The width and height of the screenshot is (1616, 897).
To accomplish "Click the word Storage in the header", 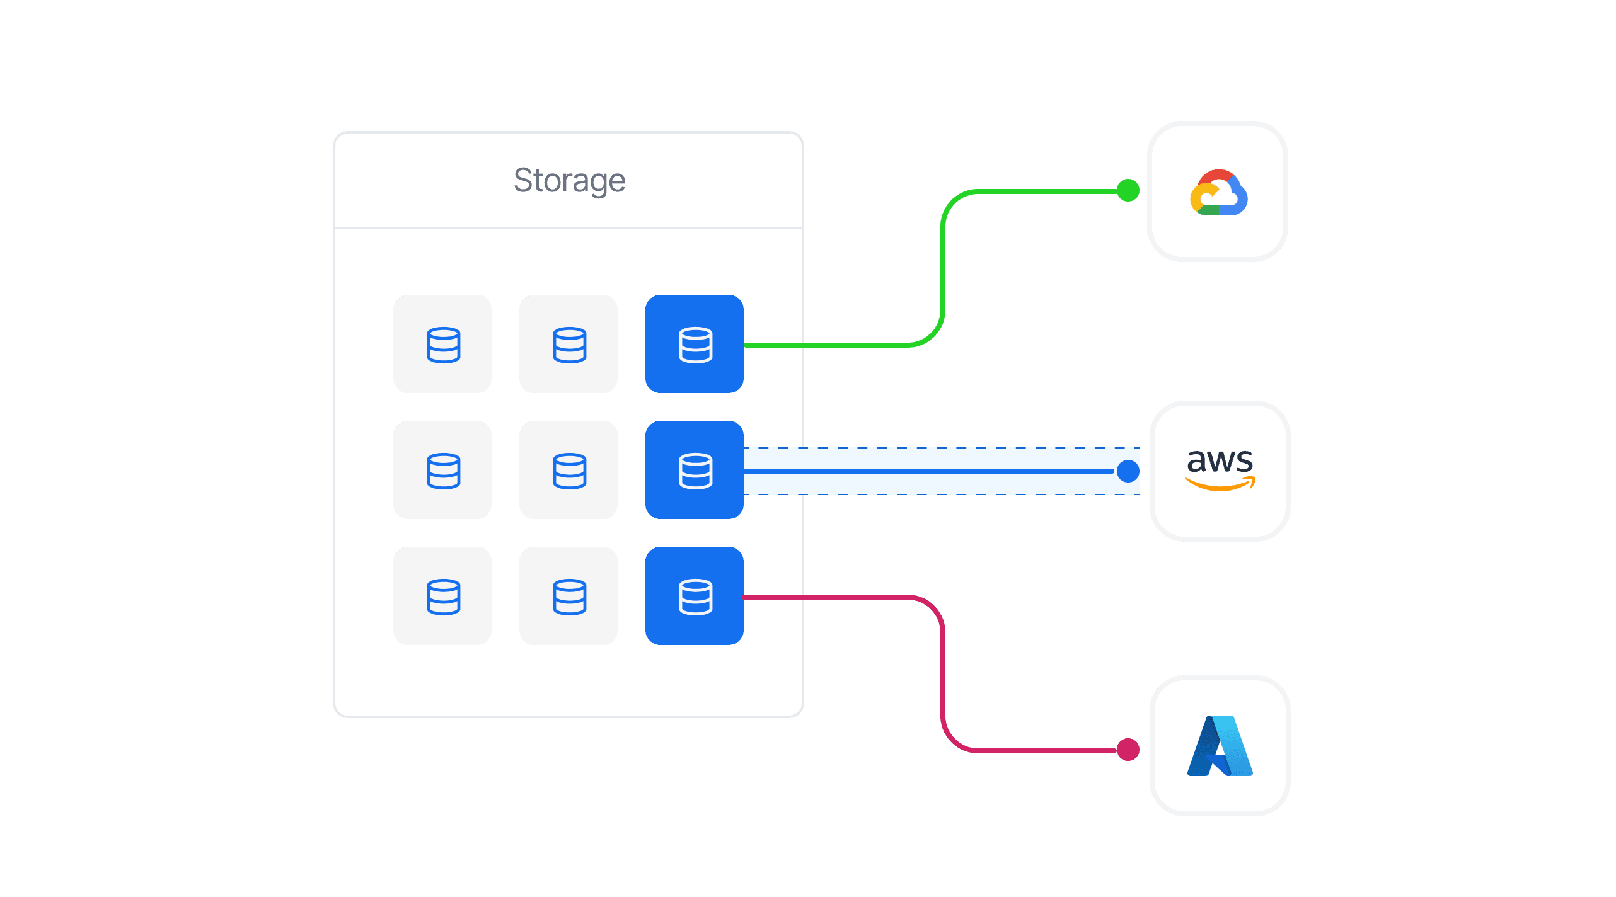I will tap(569, 181).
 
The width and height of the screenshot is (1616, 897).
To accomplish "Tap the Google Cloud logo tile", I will tap(1217, 191).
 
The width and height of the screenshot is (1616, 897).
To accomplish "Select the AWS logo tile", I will tap(1220, 471).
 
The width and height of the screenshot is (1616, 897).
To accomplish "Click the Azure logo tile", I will tap(1220, 745).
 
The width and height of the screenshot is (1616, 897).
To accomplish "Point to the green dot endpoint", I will tap(1128, 190).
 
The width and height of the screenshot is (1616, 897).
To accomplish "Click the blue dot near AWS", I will tap(1128, 471).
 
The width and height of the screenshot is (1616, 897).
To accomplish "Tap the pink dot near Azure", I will tap(1128, 750).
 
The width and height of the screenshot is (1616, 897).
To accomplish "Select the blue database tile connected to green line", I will tap(695, 344).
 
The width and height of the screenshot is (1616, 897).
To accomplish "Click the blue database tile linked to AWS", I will tap(695, 470).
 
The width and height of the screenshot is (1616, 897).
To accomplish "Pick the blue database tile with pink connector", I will tap(695, 596).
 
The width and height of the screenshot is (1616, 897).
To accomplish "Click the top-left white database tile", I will tap(442, 344).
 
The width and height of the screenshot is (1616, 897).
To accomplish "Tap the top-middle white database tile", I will tap(568, 344).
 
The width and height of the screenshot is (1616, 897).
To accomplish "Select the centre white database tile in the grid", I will tap(568, 470).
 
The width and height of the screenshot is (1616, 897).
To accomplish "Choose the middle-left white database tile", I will tap(442, 470).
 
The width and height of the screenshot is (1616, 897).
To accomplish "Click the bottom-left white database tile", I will tap(442, 596).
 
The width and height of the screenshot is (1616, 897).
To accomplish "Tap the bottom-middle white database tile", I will tap(568, 596).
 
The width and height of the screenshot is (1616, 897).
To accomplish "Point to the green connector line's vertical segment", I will tap(943, 268).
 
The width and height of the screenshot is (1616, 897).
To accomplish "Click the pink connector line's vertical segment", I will tap(943, 674).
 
